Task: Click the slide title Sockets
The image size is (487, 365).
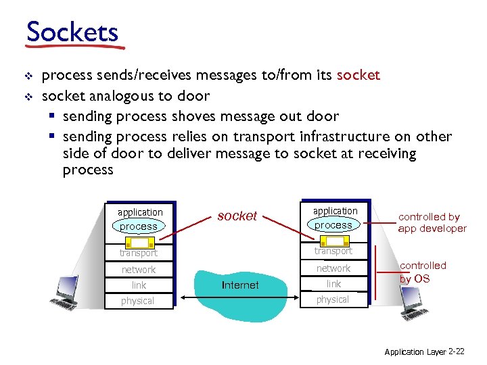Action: tap(72, 32)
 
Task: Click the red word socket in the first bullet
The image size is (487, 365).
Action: tap(358, 75)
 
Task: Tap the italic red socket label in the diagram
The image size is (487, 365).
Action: tap(237, 216)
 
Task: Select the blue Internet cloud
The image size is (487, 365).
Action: tap(241, 284)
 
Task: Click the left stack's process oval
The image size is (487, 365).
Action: tap(139, 226)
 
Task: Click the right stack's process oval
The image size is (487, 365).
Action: tap(333, 225)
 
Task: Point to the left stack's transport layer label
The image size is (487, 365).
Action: tap(138, 253)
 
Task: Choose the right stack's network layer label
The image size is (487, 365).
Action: tap(333, 268)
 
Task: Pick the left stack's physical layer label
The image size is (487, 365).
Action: tap(138, 301)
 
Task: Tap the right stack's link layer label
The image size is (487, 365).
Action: tap(333, 284)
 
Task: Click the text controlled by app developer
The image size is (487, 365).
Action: tap(432, 222)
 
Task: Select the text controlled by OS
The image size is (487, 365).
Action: tap(423, 272)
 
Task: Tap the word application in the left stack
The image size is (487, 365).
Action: tap(140, 212)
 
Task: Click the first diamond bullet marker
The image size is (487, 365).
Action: tap(28, 76)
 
